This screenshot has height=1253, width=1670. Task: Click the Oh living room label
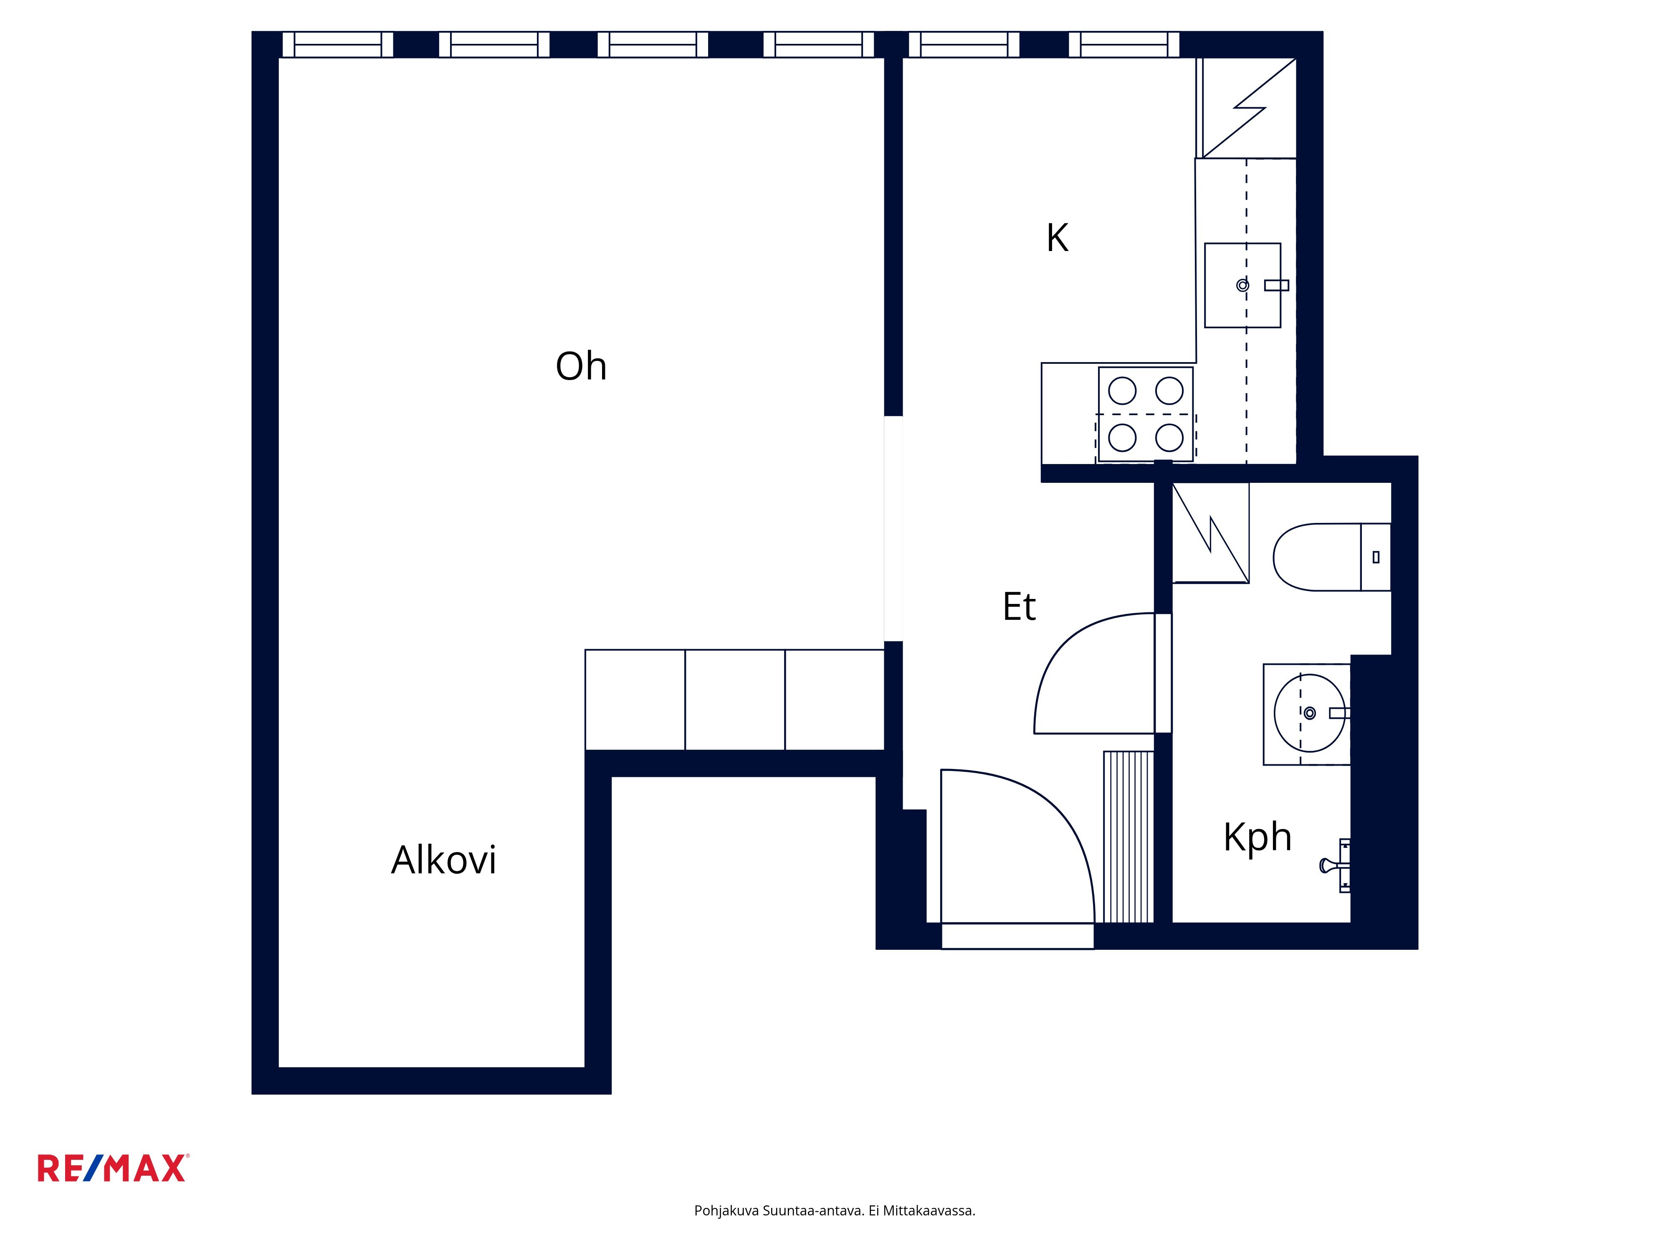581,366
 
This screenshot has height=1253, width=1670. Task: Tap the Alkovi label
444,860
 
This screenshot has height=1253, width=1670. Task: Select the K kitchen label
1057,238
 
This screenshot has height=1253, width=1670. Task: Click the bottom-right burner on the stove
1169,437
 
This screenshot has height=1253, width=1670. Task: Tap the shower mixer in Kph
1336,865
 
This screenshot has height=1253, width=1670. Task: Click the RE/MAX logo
113,1168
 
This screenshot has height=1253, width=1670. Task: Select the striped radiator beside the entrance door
1129,837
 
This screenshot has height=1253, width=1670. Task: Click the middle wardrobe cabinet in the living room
734,700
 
